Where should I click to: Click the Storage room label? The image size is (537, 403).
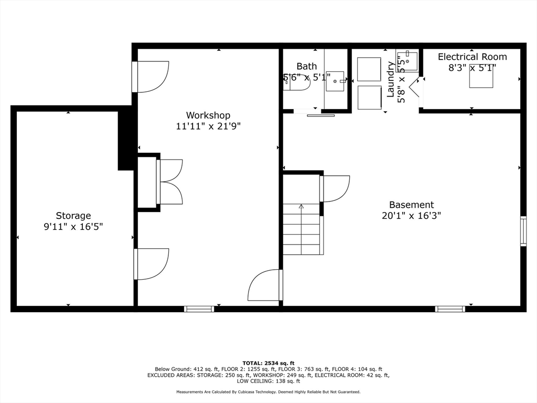(x=73, y=216)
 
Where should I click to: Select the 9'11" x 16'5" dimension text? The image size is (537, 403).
(x=73, y=227)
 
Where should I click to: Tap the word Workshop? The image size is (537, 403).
(x=208, y=115)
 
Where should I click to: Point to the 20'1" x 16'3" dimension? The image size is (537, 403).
(x=411, y=216)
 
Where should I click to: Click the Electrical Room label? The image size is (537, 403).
(x=472, y=57)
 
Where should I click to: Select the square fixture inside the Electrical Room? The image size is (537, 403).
(x=481, y=78)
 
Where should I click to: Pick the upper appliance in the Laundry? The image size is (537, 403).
(x=369, y=69)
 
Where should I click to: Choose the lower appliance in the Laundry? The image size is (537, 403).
(x=369, y=97)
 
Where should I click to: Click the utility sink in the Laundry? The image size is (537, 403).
(x=407, y=61)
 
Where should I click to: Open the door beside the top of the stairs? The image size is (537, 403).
(x=335, y=188)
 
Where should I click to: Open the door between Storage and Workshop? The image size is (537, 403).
(x=152, y=264)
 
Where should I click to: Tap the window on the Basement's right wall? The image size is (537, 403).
(x=523, y=231)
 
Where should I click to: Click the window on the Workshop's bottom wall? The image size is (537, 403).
(x=199, y=309)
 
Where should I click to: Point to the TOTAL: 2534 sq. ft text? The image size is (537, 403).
(x=268, y=363)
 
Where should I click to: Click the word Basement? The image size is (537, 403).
(x=411, y=205)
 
